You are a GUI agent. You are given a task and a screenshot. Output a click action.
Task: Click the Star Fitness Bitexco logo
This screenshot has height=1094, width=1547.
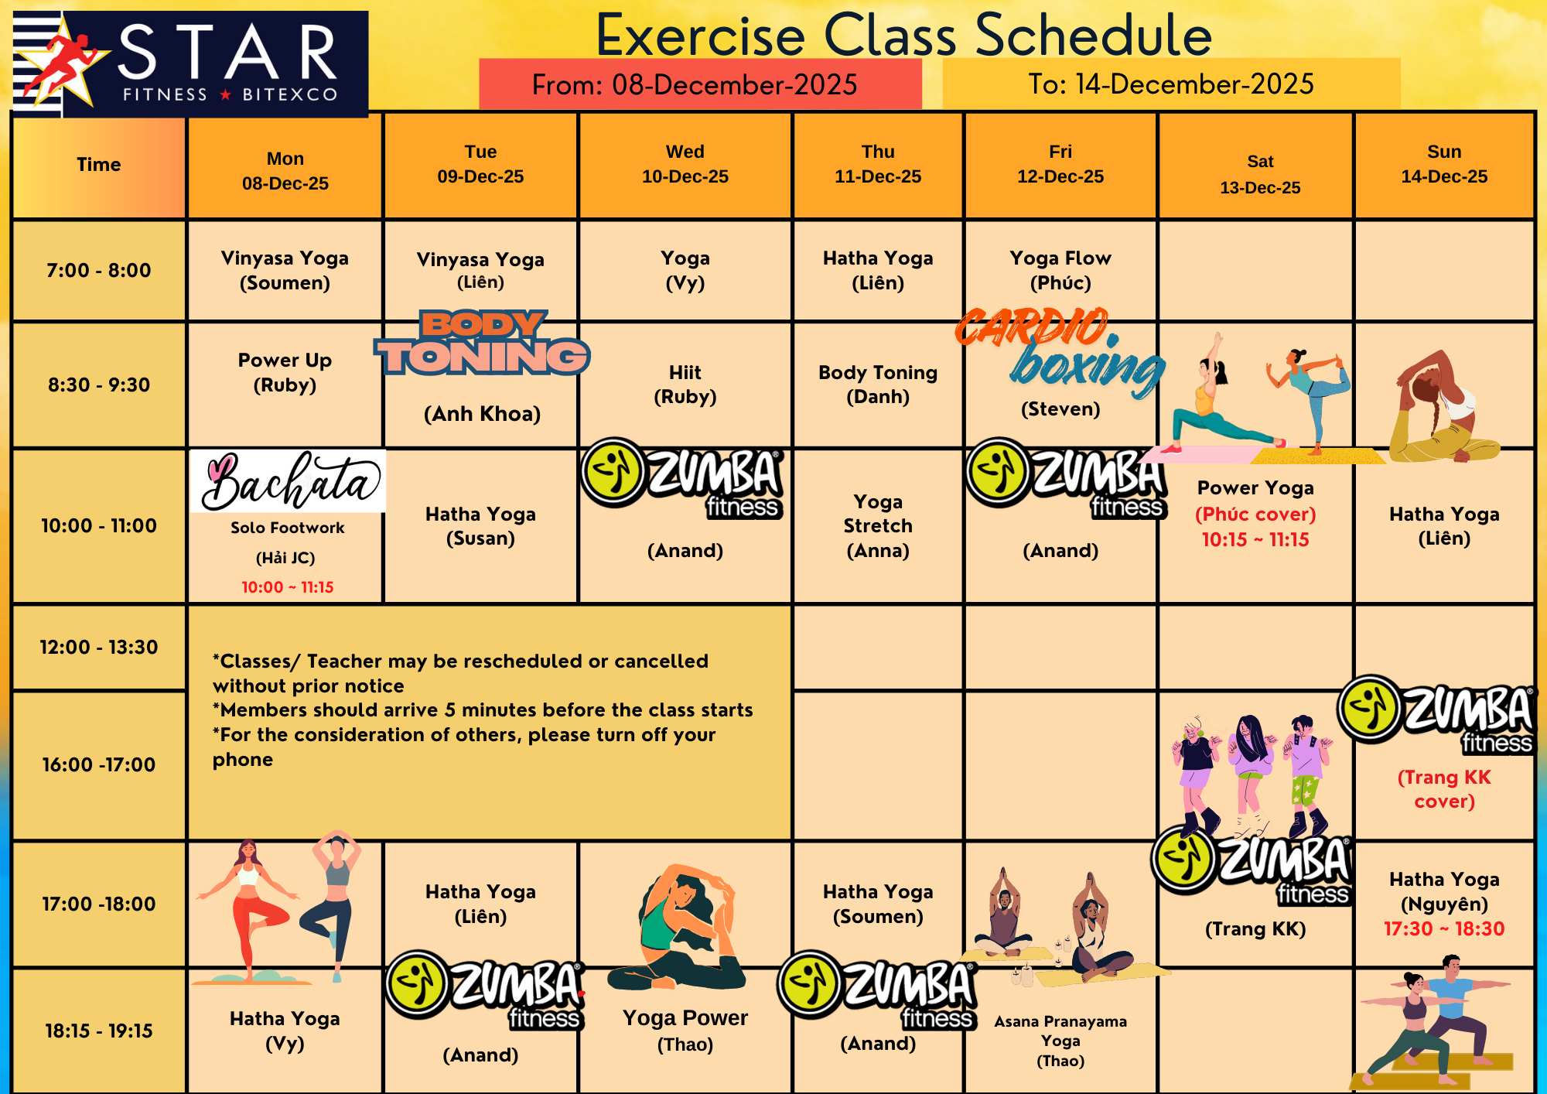190,64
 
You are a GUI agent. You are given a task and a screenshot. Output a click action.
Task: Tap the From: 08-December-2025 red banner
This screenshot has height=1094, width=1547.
700,84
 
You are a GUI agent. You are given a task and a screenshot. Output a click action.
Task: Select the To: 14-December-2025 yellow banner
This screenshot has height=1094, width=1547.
1171,84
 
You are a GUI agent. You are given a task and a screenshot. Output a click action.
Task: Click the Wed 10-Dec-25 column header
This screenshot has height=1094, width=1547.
685,164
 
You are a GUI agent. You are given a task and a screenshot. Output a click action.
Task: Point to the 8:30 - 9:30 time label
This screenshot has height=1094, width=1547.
99,385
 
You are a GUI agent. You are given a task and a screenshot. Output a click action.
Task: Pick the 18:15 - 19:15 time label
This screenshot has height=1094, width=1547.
99,1031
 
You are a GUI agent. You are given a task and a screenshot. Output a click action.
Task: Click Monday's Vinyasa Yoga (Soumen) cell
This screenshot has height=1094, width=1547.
285,270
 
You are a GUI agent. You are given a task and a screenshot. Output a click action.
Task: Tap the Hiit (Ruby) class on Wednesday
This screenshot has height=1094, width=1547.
685,385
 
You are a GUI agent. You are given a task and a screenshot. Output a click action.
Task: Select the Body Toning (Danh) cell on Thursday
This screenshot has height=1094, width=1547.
878,385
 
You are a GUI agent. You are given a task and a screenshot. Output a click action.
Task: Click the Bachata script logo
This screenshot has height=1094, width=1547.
288,481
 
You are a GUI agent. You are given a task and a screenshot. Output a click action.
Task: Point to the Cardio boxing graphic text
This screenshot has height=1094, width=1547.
1060,352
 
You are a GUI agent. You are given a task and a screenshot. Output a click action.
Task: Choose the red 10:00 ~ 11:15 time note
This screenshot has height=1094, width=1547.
288,587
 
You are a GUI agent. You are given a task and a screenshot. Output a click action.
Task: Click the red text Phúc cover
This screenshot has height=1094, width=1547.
1255,514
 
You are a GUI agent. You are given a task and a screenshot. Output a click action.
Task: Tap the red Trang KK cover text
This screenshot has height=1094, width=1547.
1444,789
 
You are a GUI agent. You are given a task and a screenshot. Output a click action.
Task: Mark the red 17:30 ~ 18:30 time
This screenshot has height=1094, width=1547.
1444,928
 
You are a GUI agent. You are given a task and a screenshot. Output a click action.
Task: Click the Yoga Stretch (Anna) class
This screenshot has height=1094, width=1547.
878,526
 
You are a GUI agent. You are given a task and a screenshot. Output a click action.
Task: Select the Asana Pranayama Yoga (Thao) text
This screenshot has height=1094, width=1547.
1060,1041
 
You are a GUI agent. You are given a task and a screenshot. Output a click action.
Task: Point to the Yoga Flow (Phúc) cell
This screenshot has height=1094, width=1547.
1060,270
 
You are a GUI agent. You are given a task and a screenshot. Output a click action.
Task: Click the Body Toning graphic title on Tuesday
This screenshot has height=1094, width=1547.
483,344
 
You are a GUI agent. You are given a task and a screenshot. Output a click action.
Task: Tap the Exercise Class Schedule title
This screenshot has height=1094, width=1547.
903,35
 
